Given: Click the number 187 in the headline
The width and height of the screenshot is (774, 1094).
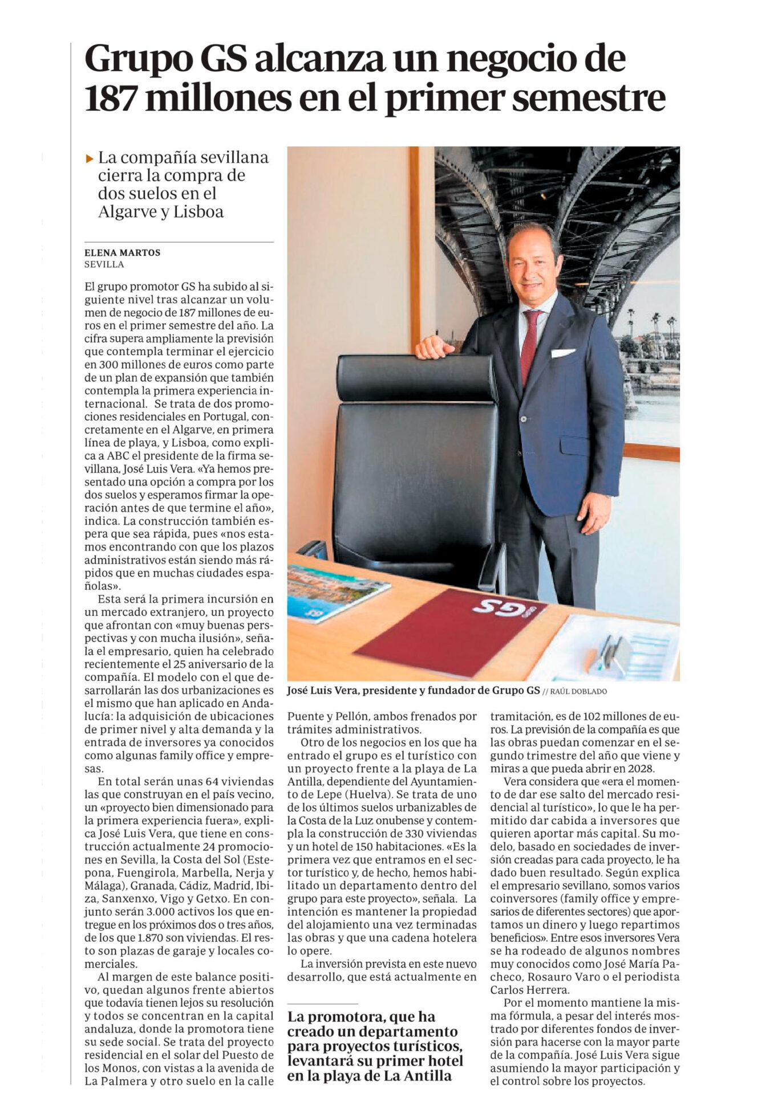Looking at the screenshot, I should coord(110,99).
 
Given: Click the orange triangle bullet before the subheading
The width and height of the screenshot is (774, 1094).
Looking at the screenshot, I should coord(89,158).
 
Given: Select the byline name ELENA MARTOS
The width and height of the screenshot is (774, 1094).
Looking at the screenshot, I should coord(122,252).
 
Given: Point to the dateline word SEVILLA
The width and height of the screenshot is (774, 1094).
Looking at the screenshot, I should coord(104,264).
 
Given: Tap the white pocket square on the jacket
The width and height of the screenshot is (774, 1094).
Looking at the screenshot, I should coord(562,353).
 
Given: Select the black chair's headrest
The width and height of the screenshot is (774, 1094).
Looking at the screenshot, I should coord(416,377).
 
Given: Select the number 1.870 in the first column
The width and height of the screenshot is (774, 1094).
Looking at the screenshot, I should coord(153,937).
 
